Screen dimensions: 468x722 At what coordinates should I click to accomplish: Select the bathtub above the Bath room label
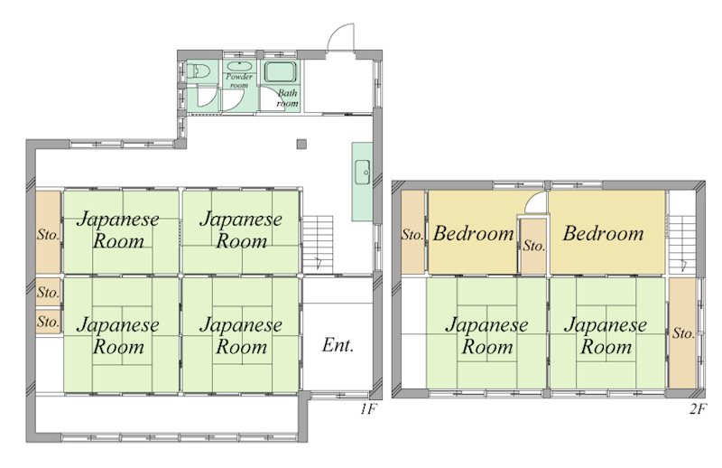[280, 73]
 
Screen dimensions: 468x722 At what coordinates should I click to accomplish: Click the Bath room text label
[287, 98]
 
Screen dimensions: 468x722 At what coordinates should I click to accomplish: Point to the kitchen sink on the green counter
[363, 169]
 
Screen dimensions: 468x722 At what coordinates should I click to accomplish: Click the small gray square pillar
[302, 143]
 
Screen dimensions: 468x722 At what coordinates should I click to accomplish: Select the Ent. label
[338, 345]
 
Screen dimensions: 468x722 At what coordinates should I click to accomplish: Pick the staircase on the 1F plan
[318, 239]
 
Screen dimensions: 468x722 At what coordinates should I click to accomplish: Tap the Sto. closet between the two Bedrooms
[533, 244]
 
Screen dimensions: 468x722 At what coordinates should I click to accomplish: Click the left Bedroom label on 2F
[473, 233]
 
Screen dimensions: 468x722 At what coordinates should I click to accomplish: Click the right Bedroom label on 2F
[603, 233]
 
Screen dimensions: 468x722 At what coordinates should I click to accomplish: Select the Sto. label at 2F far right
[683, 332]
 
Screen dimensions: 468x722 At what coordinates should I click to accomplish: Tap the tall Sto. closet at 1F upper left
[48, 233]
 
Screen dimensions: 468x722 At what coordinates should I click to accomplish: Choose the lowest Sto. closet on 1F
[48, 321]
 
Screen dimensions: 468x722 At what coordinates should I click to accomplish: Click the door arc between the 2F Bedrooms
[535, 203]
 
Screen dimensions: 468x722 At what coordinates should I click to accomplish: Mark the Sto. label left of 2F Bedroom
[413, 234]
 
